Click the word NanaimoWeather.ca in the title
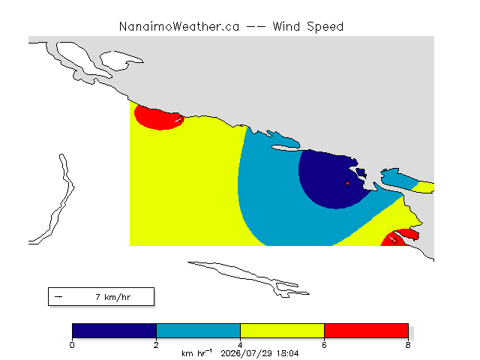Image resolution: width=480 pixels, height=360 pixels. click(x=179, y=27)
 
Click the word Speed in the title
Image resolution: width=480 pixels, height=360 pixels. click(x=325, y=27)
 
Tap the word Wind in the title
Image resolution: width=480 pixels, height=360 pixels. click(x=286, y=27)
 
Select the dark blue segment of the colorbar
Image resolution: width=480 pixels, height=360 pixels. click(x=114, y=331)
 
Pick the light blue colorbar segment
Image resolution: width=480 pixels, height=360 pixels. click(x=198, y=331)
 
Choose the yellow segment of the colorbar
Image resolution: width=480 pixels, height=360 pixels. click(x=282, y=331)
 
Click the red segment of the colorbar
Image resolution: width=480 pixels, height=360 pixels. click(x=366, y=331)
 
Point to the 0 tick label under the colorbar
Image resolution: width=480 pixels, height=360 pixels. click(x=72, y=345)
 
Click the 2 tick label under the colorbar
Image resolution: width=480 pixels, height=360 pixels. click(x=156, y=345)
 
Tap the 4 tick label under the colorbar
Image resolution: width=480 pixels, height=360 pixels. click(x=240, y=345)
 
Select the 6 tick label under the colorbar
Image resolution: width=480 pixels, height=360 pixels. click(x=324, y=345)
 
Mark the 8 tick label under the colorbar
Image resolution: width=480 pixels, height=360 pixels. click(x=408, y=345)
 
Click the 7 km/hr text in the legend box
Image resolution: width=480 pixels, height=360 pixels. click(x=113, y=297)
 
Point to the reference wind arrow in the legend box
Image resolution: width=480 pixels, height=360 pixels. click(x=58, y=297)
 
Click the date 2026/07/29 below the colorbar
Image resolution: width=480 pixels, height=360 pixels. click(x=247, y=353)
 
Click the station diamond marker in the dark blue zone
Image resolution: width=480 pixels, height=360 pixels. click(x=347, y=183)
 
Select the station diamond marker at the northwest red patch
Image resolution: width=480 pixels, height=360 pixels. click(x=181, y=118)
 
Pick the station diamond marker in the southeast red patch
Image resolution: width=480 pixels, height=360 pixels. click(x=394, y=241)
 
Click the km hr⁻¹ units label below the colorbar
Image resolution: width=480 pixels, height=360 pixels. click(x=196, y=353)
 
